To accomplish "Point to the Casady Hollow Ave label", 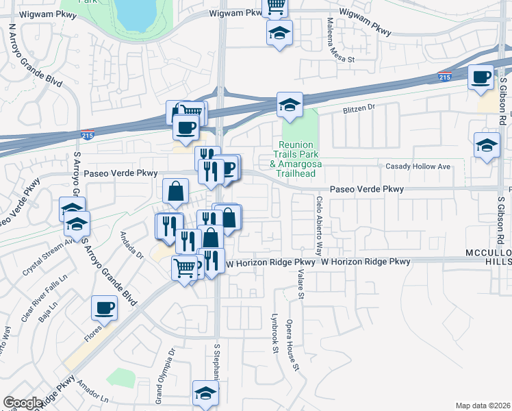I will pyautogui.click(x=418, y=166).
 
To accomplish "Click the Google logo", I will pyautogui.click(x=23, y=403).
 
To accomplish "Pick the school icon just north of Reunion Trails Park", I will pyautogui.click(x=290, y=105).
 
